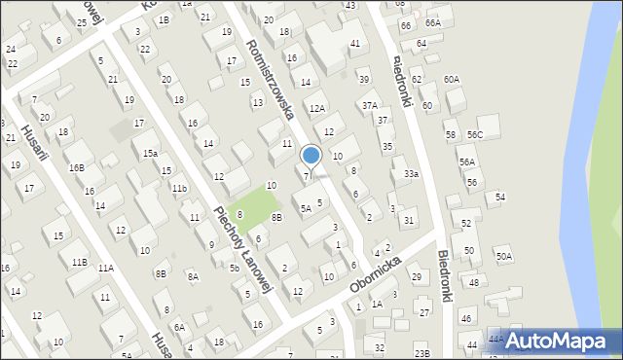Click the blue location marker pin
[311, 155]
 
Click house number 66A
[433, 22]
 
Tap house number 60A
[452, 79]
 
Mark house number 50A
[503, 256]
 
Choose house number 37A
[370, 105]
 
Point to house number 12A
[316, 108]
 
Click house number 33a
[412, 174]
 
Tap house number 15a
[151, 154]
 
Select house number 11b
[179, 188]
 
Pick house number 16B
[76, 167]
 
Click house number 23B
[421, 351]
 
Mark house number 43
[349, 6]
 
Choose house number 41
[355, 44]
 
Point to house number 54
[500, 198]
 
